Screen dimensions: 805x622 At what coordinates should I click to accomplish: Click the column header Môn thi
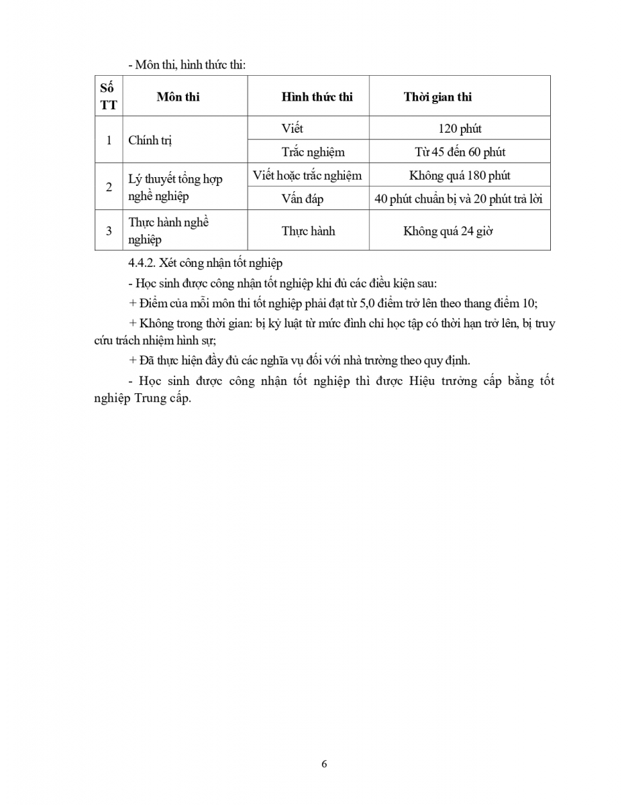[178, 97]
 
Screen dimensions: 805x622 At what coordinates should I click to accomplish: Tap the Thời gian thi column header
[437, 97]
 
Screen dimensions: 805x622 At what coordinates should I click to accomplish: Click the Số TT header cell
[108, 97]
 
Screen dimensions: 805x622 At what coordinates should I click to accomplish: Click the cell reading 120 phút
[460, 128]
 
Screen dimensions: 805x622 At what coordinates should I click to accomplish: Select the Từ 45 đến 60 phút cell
[460, 152]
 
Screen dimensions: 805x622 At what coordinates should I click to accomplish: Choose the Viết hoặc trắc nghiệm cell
[307, 176]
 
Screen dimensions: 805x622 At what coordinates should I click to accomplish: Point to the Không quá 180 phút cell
[460, 176]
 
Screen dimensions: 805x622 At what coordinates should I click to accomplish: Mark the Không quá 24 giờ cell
[448, 231]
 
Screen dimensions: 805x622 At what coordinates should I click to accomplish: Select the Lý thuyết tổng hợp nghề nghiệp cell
[175, 187]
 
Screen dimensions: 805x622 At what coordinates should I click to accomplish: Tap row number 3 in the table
[109, 231]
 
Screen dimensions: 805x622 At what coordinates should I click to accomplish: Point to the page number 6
[325, 764]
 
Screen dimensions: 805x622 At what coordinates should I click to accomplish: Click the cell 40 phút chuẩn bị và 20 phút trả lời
[460, 199]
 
